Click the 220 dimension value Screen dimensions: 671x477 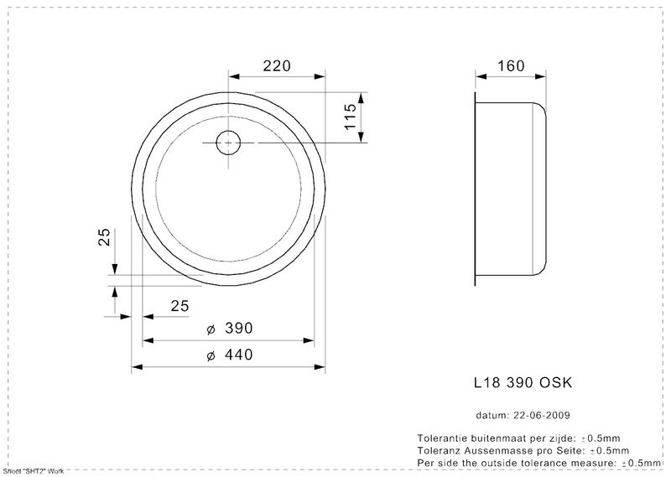coord(277,66)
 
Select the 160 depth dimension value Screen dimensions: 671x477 coord(511,66)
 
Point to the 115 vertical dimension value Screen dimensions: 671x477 coord(350,117)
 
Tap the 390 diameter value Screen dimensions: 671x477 coord(239,328)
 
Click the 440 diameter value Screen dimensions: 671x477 coord(239,355)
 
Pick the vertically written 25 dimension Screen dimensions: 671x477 coord(104,236)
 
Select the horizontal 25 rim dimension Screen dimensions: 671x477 coord(179,306)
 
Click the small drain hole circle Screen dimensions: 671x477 coord(228,143)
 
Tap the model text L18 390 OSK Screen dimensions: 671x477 coord(523,382)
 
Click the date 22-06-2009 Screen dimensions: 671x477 coord(541,415)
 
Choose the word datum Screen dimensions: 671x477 coord(492,415)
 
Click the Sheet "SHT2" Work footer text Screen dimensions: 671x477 coord(34,471)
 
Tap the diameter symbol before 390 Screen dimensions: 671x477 coord(211,329)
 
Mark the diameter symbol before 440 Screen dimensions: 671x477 coord(211,355)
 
